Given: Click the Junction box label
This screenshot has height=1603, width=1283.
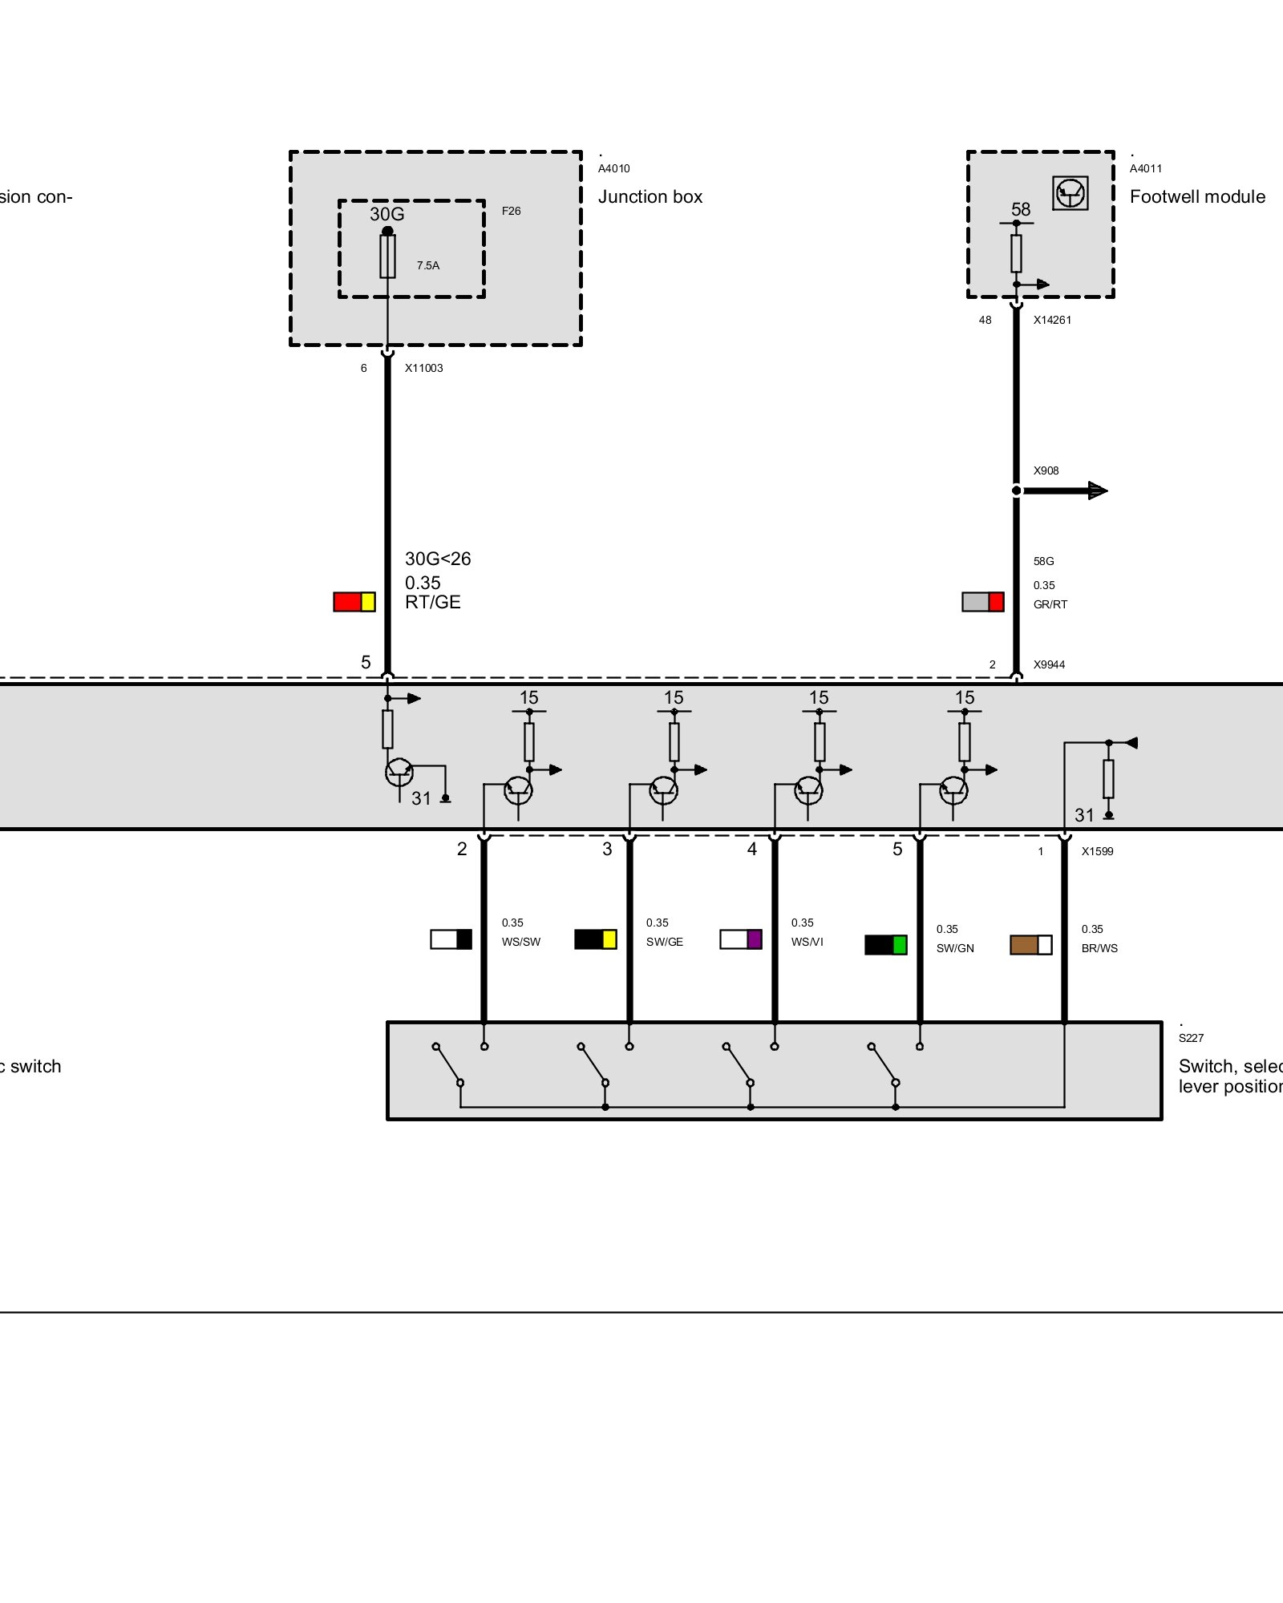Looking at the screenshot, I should point(650,197).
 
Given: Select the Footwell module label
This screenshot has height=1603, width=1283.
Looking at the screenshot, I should point(1197,197).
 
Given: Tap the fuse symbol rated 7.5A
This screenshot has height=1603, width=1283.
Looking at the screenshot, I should point(387,256).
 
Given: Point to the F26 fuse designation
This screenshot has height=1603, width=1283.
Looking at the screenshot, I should point(511,212).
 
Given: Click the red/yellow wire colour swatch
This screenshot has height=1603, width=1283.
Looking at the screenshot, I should point(354,602).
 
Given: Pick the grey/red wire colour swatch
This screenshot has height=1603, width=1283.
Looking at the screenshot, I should point(983,602).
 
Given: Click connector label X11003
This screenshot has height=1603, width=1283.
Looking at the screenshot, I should point(423,369).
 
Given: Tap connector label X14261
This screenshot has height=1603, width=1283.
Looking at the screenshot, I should point(1052,321).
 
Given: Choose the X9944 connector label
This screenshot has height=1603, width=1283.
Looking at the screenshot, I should point(1049,665).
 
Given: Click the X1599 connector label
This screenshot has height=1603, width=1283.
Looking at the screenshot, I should point(1097,852).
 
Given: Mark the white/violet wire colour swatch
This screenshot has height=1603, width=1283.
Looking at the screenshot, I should point(741,939).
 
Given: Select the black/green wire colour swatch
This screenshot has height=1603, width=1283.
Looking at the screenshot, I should point(886,945).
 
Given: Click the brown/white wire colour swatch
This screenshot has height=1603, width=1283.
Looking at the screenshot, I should point(1031,945).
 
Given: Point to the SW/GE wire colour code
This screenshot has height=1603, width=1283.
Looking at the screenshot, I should point(665,943).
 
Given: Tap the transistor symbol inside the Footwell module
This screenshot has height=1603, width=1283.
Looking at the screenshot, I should point(1071,193).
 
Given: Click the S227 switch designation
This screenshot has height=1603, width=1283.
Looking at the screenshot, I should point(1191,1039).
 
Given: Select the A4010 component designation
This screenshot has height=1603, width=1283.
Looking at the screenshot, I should point(614,169).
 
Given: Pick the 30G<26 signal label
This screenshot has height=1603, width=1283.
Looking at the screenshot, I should point(438,559).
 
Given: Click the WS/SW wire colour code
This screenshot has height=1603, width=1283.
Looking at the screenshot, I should point(521,943).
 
